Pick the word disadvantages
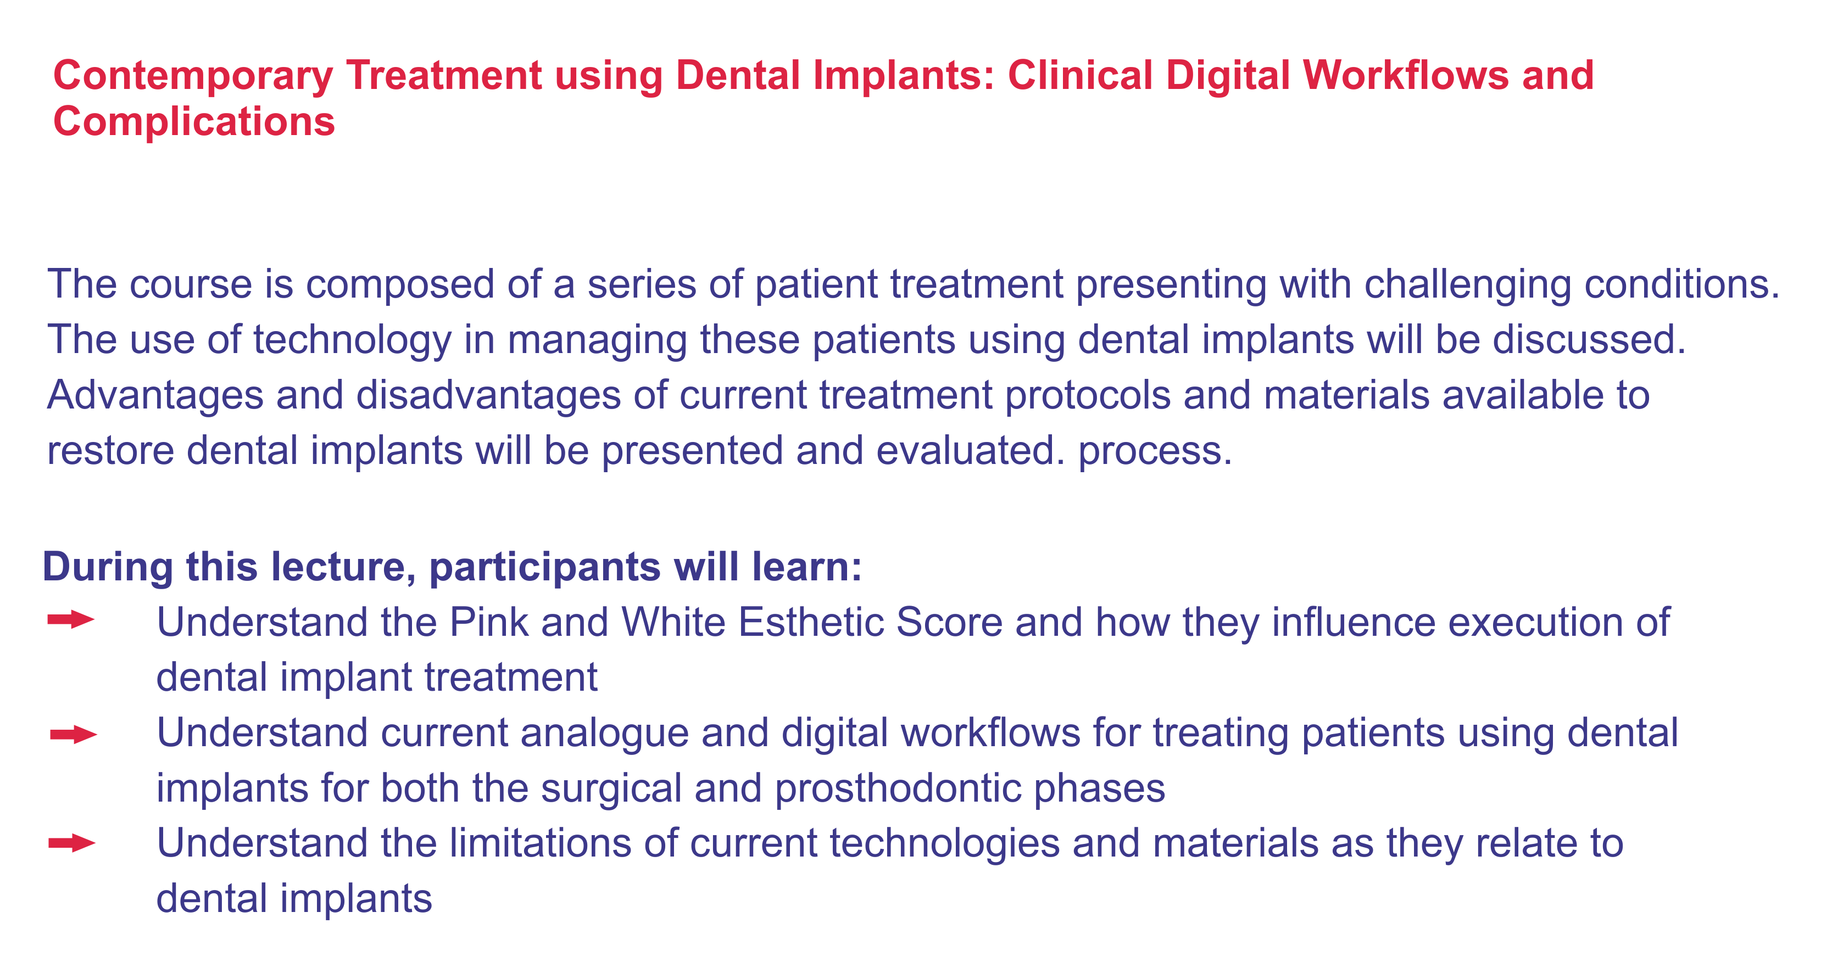click(x=488, y=395)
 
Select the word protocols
click(x=1088, y=396)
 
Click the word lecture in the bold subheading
click(x=343, y=567)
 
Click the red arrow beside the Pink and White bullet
click(x=71, y=620)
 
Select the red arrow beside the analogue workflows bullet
click(x=73, y=735)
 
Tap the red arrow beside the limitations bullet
click(x=72, y=843)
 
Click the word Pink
click(x=489, y=622)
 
